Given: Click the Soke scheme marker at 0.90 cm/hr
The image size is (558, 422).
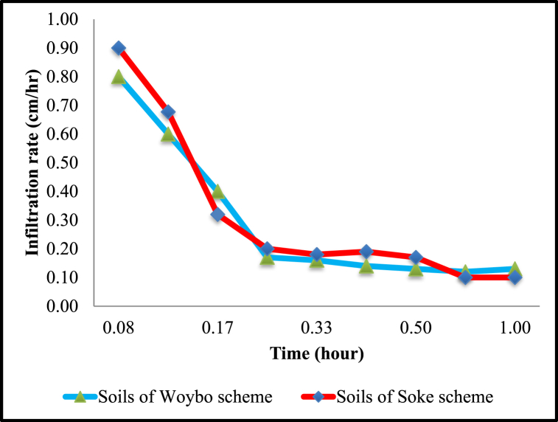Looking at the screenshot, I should click(118, 48).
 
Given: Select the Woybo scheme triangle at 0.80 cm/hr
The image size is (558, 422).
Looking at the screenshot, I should click(118, 77).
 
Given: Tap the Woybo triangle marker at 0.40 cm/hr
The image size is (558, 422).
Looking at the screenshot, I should click(217, 192).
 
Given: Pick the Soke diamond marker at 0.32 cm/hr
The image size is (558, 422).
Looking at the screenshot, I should click(217, 215).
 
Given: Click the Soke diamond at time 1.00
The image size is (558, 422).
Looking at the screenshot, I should click(515, 277).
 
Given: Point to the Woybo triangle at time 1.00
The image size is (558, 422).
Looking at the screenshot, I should click(515, 269).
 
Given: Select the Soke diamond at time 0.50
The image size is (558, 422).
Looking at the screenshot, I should click(416, 257).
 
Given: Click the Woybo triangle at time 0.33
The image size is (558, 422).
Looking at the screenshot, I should click(317, 260).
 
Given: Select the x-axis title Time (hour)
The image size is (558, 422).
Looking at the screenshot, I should click(316, 354).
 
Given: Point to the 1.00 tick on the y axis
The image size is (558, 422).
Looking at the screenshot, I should click(67, 20).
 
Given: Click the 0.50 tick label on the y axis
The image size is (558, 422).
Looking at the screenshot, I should click(67, 163).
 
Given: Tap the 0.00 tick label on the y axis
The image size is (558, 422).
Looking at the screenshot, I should click(67, 306).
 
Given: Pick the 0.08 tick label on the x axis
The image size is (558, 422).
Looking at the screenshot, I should click(118, 327).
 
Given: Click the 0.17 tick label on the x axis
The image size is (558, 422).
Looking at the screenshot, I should click(217, 327).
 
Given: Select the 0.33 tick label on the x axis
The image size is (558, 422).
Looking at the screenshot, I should click(317, 327).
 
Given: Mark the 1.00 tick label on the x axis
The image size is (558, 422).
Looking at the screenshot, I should click(515, 327).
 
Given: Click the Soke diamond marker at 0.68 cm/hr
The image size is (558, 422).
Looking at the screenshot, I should click(168, 112).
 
